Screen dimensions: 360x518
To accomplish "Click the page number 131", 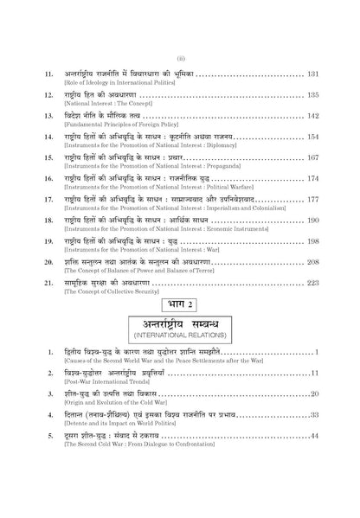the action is click(313, 75).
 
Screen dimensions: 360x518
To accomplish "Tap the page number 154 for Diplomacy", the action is click(313, 137).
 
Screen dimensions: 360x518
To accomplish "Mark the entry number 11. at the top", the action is click(50, 75).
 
